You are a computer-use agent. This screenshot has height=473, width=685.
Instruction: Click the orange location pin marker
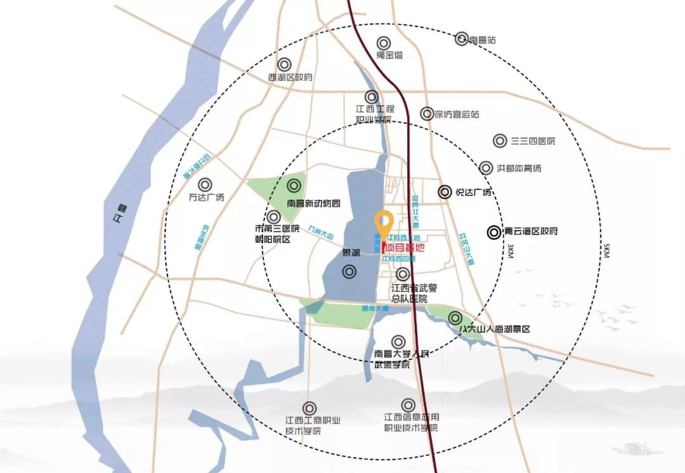pos(382,222)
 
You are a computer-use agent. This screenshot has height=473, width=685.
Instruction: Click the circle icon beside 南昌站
pos(462,39)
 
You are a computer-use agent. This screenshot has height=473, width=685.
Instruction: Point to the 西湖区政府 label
pos(290,77)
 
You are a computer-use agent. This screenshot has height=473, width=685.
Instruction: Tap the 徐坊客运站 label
pos(457,115)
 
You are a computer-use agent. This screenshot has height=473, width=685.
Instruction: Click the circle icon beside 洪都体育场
pos(486,168)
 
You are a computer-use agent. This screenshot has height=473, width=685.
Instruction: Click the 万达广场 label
pos(207,197)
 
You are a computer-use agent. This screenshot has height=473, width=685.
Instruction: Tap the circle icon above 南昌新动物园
pos(294,186)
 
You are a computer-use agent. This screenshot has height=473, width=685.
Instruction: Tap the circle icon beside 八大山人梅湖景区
pos(455,318)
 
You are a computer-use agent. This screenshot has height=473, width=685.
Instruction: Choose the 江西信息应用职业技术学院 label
pos(410,422)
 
